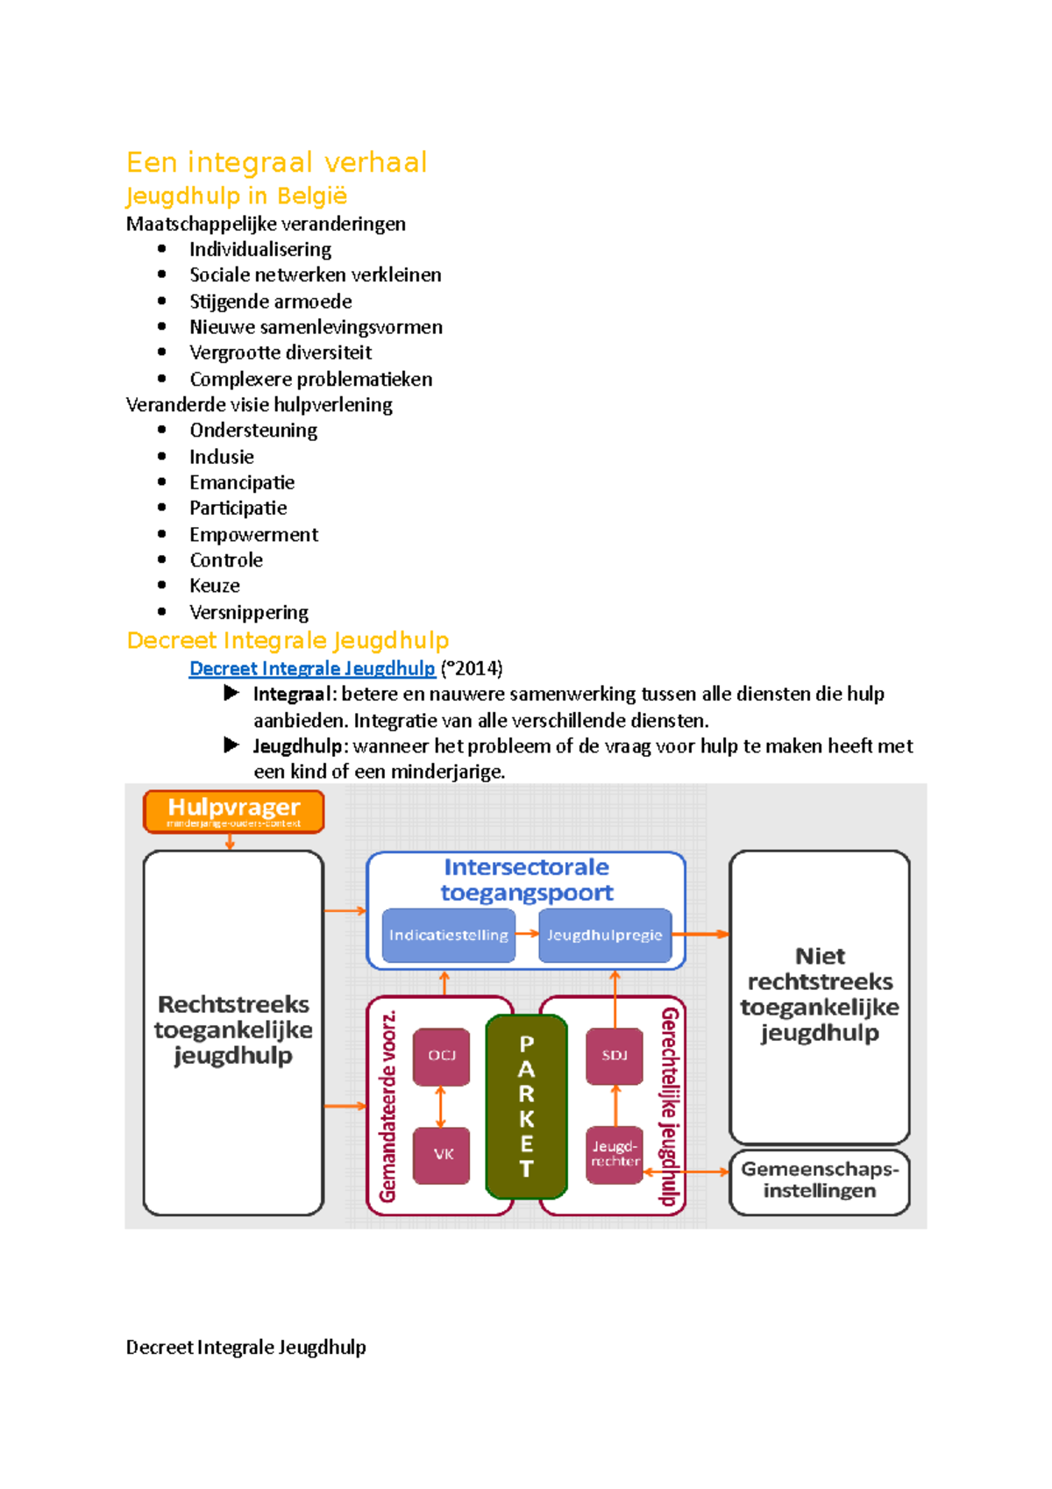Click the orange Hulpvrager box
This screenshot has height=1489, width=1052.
233,811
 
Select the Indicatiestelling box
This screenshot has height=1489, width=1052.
448,936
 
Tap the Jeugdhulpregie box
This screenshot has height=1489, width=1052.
605,936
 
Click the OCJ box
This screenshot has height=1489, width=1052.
441,1056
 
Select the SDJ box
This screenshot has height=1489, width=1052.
615,1056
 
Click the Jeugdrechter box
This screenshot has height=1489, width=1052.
615,1154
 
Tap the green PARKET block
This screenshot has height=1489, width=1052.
526,1107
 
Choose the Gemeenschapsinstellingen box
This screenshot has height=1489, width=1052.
820,1180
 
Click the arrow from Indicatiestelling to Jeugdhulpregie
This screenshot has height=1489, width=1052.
527,934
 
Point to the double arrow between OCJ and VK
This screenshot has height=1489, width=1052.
441,1106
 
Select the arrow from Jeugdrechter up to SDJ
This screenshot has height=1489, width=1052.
615,1106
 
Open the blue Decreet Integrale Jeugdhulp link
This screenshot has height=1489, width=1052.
312,668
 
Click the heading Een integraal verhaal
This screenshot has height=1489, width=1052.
276,162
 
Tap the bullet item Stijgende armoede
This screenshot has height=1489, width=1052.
270,302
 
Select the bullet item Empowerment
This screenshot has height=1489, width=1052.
253,535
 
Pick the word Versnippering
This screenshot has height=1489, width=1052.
249,612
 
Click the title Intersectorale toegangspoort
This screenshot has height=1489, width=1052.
526,880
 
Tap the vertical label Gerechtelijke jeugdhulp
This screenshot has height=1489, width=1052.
670,1107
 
